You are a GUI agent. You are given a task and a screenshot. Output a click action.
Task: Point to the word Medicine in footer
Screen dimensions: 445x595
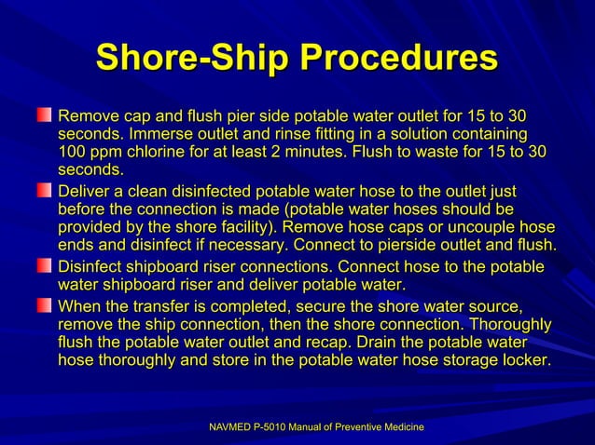pyautogui.click(x=401, y=426)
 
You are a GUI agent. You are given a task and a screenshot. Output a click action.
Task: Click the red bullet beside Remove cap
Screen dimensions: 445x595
pyautogui.click(x=44, y=116)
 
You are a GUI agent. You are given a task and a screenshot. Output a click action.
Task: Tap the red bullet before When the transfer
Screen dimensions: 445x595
pyautogui.click(x=44, y=305)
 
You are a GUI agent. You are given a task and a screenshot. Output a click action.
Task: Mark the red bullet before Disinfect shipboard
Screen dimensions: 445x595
pyautogui.click(x=44, y=267)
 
